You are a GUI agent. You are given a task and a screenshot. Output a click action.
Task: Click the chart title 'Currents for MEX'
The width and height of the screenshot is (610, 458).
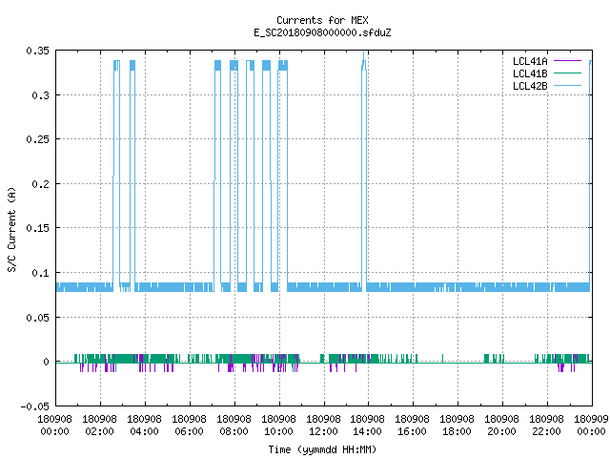[322, 20]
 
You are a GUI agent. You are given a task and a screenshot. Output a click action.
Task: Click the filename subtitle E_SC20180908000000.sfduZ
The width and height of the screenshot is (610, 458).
[322, 32]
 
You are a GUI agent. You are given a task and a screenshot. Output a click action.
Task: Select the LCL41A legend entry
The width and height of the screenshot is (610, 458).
[546, 61]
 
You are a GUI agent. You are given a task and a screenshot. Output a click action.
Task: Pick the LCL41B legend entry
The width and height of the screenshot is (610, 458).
[546, 73]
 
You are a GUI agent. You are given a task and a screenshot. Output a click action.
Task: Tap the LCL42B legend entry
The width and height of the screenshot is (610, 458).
[546, 86]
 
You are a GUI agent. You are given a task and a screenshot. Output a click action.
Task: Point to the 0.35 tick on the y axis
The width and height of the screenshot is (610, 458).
[38, 51]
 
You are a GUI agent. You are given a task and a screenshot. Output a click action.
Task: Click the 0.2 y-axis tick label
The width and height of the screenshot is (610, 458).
[40, 184]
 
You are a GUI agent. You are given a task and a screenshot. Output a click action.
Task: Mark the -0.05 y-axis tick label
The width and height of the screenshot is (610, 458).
[35, 406]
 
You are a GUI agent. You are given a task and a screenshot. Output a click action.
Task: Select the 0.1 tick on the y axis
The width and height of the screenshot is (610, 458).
[40, 273]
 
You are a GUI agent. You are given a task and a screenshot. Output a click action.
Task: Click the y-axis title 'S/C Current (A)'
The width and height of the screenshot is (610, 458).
[11, 230]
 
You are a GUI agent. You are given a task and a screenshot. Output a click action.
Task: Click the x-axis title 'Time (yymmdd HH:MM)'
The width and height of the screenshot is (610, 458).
[322, 449]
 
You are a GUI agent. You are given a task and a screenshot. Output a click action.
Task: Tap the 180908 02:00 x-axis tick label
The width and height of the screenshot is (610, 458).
[99, 426]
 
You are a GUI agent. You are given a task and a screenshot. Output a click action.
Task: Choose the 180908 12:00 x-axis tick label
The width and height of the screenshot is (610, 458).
[323, 426]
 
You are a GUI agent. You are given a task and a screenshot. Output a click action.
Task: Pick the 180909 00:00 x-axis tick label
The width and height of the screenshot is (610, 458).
[591, 426]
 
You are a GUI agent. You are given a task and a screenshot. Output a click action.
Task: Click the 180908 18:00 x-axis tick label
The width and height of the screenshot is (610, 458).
[457, 426]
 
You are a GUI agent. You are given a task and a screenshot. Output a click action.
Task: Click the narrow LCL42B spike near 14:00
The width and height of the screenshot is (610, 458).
[364, 172]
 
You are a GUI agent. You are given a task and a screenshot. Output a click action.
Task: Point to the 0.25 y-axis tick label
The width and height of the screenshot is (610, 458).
[38, 139]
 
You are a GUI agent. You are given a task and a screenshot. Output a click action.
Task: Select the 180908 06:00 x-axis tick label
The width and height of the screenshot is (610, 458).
[189, 426]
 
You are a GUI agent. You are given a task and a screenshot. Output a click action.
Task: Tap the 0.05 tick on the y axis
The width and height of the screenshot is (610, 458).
[38, 318]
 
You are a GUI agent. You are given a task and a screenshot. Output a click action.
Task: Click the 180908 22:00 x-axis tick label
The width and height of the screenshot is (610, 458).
[546, 426]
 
